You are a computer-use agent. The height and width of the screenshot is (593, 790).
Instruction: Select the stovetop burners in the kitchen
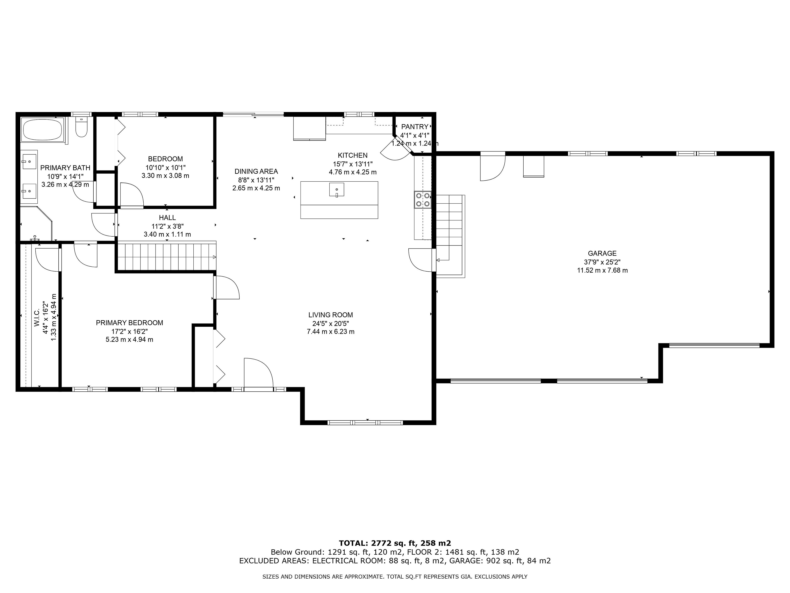click(x=423, y=200)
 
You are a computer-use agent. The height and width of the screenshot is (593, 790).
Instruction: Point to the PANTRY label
click(x=415, y=127)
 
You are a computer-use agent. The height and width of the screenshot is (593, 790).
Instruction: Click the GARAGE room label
click(x=602, y=253)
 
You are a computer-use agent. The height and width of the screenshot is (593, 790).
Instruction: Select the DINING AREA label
click(x=256, y=172)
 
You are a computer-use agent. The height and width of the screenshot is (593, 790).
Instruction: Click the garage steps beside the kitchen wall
click(x=450, y=236)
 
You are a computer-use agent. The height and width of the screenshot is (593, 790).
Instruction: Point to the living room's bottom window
click(x=365, y=423)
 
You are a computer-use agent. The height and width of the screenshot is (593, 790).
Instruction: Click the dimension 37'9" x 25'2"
click(x=602, y=262)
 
